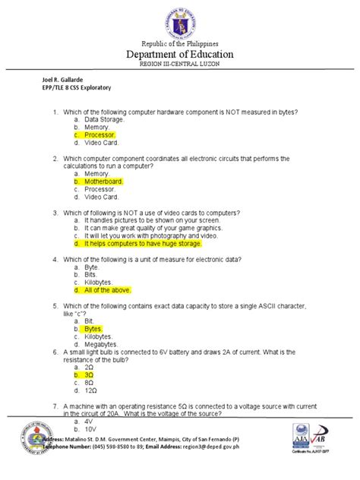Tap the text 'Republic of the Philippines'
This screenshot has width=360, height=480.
[x=180, y=43]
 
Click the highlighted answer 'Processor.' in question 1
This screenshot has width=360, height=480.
[x=99, y=134]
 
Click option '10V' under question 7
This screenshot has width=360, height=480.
[x=90, y=429]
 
